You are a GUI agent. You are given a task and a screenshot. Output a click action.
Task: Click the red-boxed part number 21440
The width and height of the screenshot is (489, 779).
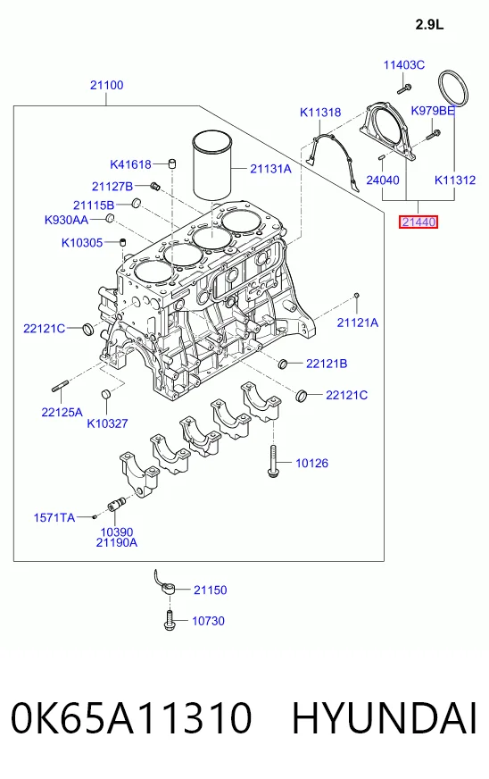tap(419, 222)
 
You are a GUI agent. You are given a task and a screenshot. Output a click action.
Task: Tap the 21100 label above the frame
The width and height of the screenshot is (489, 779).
tap(107, 85)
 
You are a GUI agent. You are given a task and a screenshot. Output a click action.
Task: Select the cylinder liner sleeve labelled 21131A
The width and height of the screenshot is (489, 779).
tap(212, 164)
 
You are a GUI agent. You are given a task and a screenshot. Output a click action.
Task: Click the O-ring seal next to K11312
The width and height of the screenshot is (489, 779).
tap(453, 88)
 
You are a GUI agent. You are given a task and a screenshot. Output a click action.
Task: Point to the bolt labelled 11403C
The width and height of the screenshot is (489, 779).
tap(403, 89)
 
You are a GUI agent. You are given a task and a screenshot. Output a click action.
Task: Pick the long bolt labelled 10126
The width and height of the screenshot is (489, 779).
tap(272, 461)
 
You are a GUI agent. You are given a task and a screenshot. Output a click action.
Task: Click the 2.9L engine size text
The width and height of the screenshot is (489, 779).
tap(429, 24)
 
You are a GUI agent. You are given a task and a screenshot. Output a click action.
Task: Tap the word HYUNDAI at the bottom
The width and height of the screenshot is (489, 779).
tap(384, 718)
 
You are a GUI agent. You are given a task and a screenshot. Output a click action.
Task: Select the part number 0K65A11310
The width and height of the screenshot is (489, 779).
tap(131, 718)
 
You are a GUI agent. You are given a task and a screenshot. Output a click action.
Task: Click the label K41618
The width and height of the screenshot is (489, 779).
tap(130, 164)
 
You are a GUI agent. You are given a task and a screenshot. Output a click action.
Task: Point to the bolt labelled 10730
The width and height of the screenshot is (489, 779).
tap(170, 621)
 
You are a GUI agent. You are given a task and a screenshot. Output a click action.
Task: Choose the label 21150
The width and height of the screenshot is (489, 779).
tap(210, 590)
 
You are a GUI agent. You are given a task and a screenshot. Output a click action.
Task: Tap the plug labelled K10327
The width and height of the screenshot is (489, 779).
tap(106, 394)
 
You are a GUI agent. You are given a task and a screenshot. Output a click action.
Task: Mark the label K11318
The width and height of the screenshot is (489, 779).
tap(320, 113)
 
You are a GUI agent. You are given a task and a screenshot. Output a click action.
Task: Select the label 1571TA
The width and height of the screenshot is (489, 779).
tap(54, 517)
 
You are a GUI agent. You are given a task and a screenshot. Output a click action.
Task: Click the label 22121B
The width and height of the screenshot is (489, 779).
tap(327, 364)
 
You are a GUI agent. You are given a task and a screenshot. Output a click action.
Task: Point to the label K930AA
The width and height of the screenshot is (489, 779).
tap(66, 220)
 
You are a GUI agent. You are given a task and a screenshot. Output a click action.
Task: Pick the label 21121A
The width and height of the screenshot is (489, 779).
tap(358, 322)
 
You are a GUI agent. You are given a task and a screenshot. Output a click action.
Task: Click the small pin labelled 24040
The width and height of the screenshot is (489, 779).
tap(382, 158)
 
